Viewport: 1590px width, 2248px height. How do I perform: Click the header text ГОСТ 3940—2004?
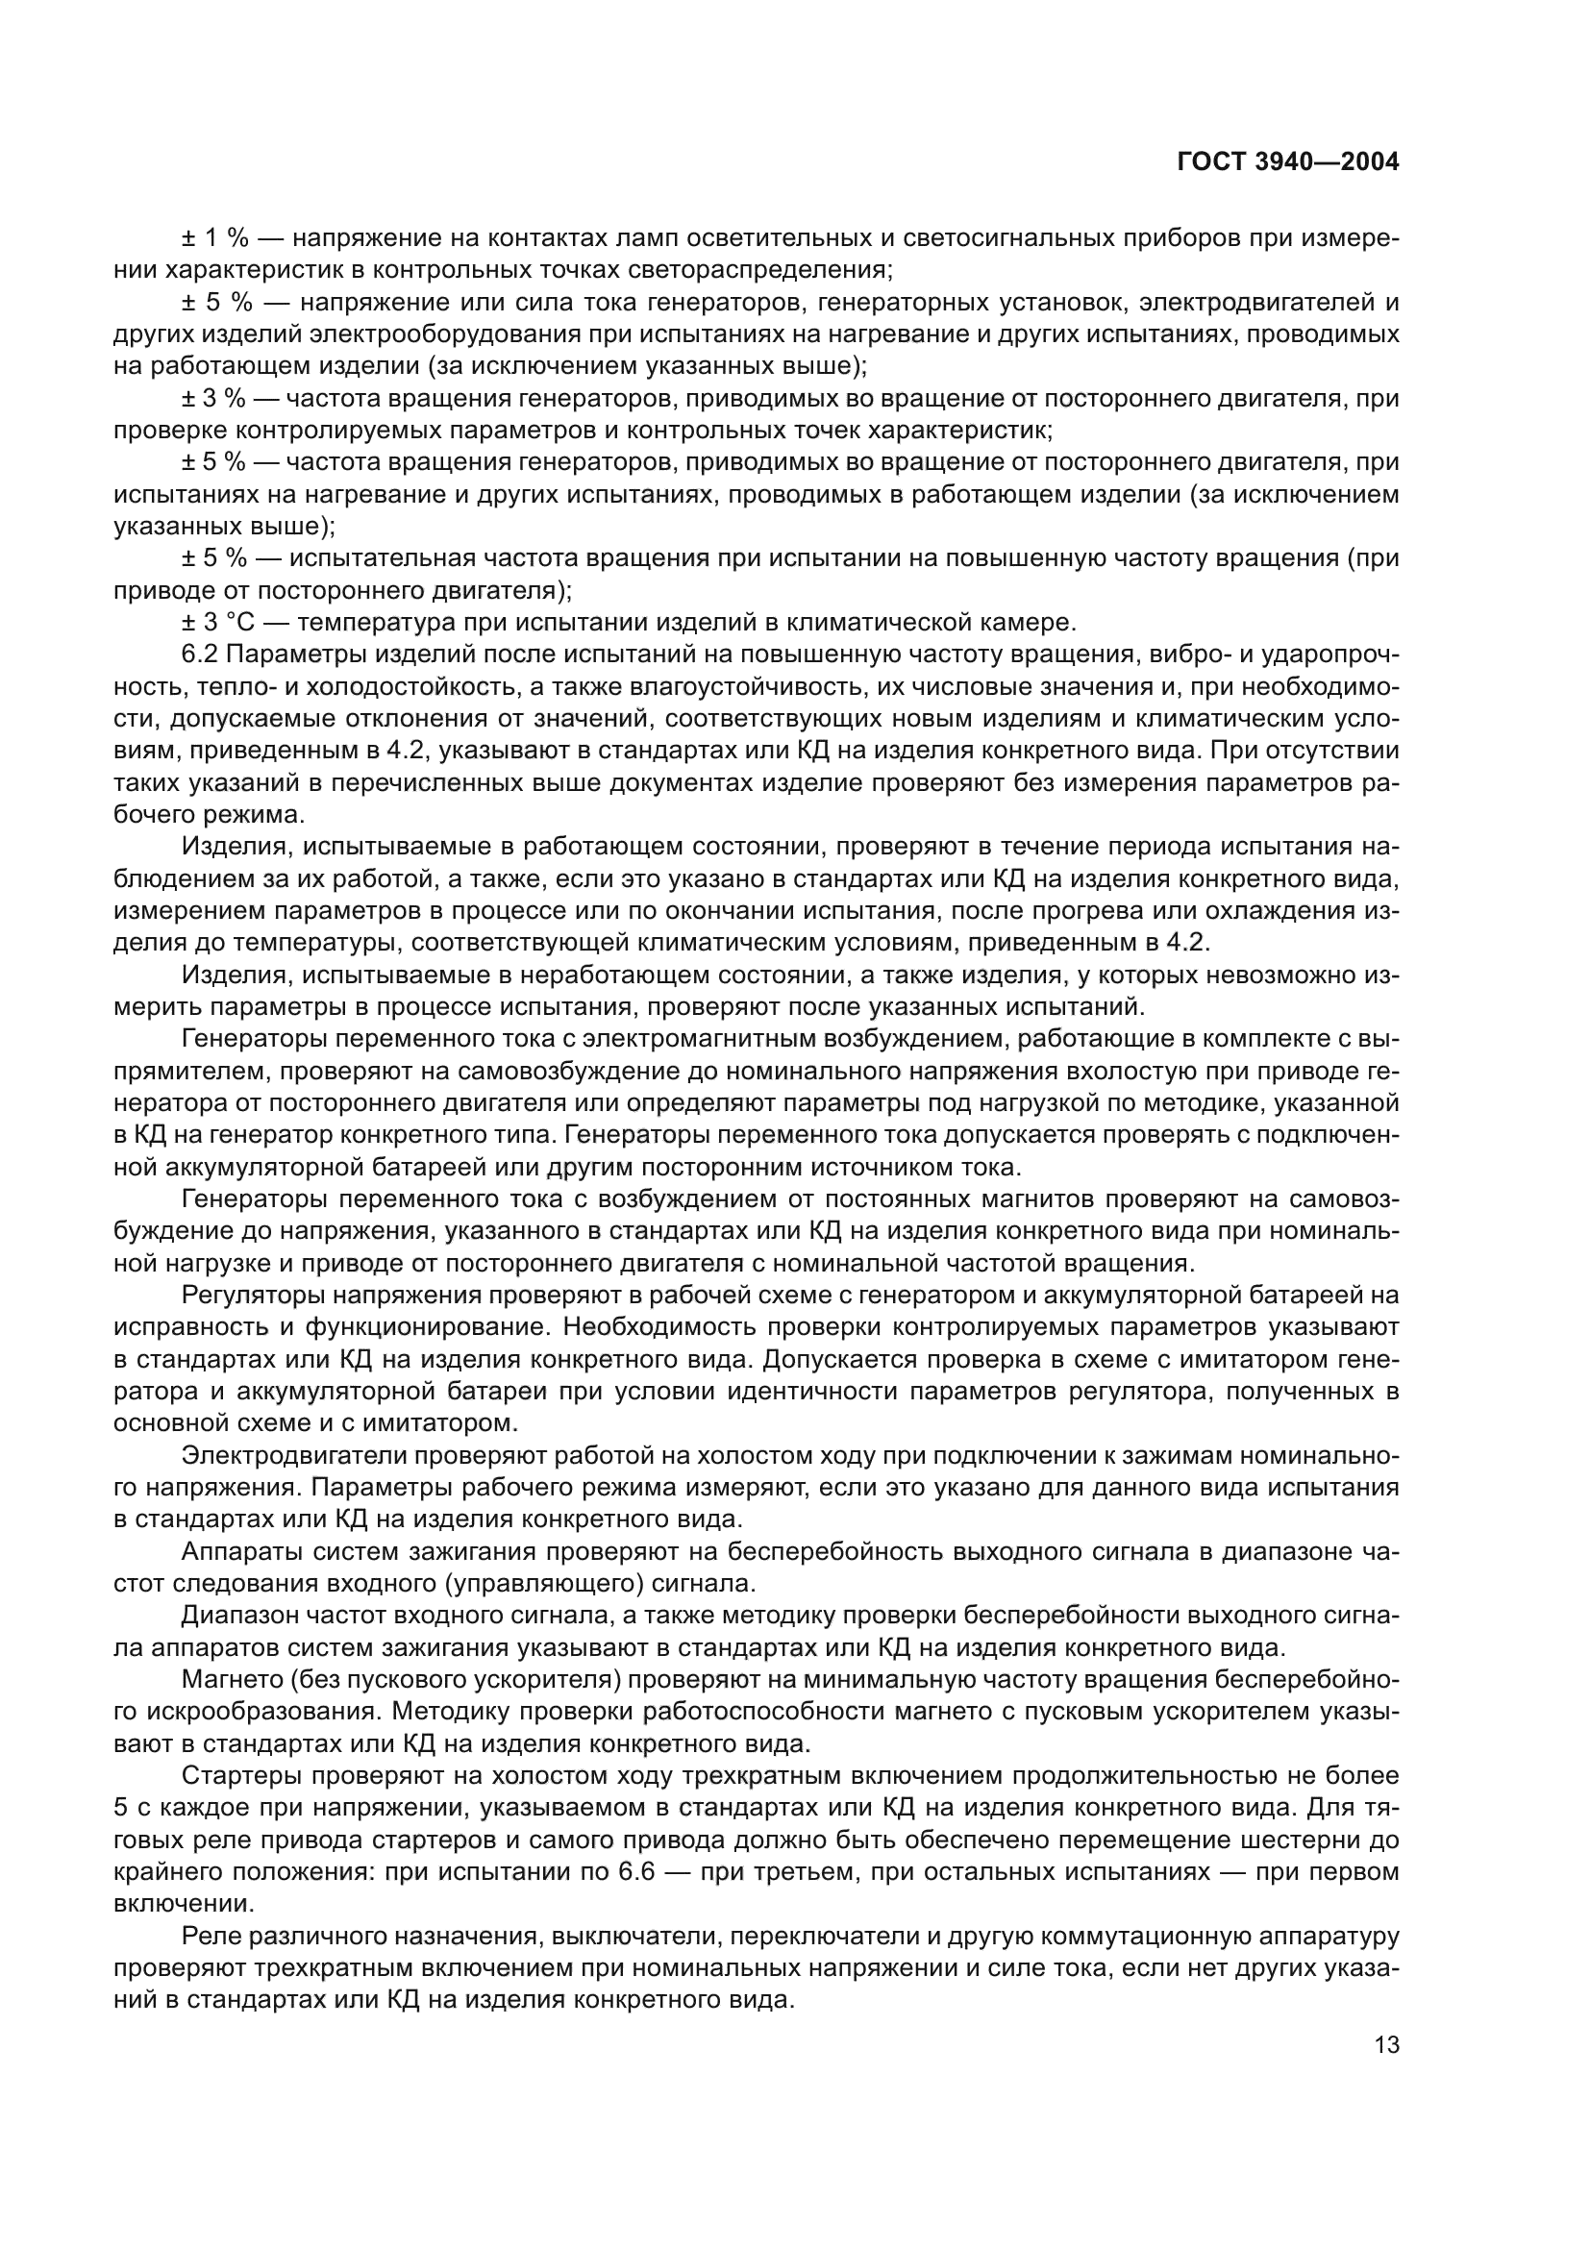(x=1287, y=162)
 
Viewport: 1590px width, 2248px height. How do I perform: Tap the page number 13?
(x=1386, y=2044)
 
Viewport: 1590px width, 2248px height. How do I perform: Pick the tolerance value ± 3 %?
(x=214, y=399)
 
